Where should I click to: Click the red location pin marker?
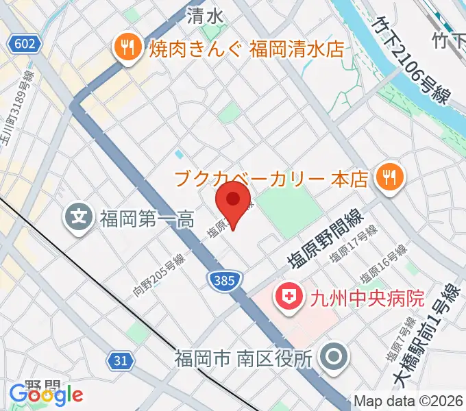pyautogui.click(x=233, y=204)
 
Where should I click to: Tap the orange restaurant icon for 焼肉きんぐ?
pyautogui.click(x=125, y=49)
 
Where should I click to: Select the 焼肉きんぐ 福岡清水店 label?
pyautogui.click(x=247, y=49)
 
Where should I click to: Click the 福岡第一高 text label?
pyautogui.click(x=147, y=220)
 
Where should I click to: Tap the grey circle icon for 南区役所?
pyautogui.click(x=335, y=356)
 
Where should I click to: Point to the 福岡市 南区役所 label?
pyautogui.click(x=243, y=357)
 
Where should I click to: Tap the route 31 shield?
pyautogui.click(x=121, y=359)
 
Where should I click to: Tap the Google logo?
pyautogui.click(x=45, y=394)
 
